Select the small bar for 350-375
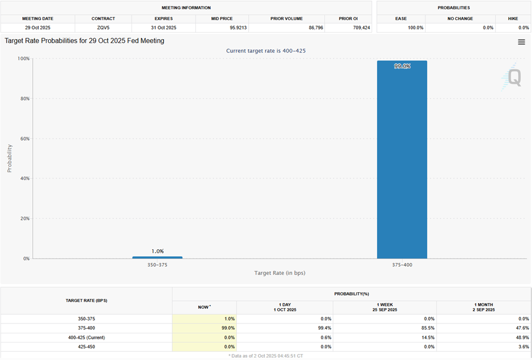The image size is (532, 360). pyautogui.click(x=157, y=257)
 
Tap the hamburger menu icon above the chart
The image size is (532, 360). pyautogui.click(x=522, y=42)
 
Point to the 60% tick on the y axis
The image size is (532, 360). pyautogui.click(x=25, y=139)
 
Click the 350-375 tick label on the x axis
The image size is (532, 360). pyautogui.click(x=157, y=265)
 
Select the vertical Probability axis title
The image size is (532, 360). pyautogui.click(x=9, y=158)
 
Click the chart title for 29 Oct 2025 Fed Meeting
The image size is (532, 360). pyautogui.click(x=85, y=41)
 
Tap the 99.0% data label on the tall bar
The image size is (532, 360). pyautogui.click(x=402, y=66)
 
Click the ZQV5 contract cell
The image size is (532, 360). pyautogui.click(x=103, y=27)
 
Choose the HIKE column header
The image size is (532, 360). pyautogui.click(x=513, y=19)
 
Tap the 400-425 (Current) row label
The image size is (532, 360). pyautogui.click(x=86, y=337)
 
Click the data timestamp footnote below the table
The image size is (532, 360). pyautogui.click(x=266, y=355)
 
